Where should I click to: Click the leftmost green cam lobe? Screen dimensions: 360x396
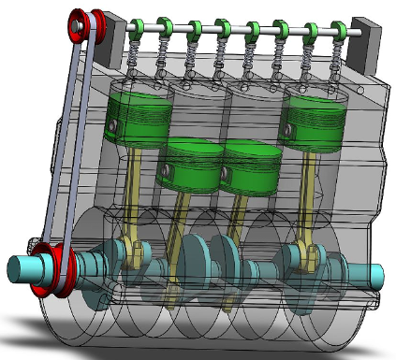[137, 27]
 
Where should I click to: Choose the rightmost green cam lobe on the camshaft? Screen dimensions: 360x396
[338, 28]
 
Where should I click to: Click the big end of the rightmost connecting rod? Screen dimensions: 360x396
[304, 254]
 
